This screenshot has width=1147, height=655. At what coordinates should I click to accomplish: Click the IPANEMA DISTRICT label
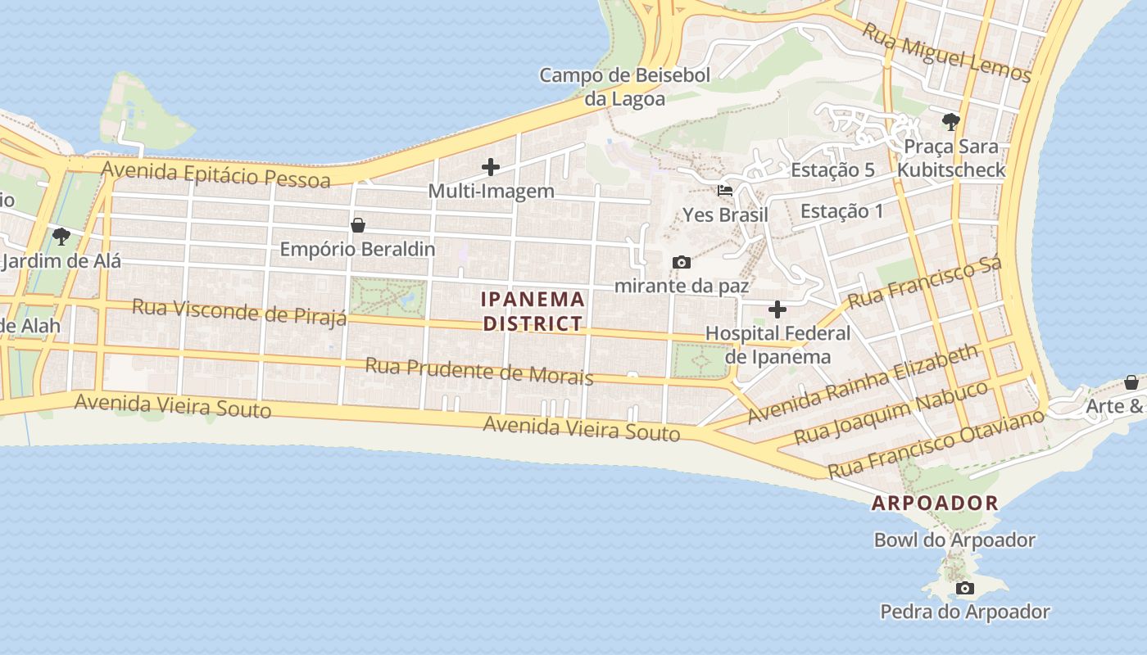[x=533, y=311]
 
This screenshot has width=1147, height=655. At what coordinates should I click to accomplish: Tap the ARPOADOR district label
[x=935, y=503]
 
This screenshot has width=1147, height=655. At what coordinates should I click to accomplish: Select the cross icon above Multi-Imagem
[x=491, y=167]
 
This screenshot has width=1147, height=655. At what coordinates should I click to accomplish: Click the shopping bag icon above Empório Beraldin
[x=357, y=224]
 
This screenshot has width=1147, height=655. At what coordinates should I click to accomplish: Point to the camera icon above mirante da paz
[x=681, y=262]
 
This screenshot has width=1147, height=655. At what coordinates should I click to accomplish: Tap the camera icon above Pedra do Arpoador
[x=965, y=588]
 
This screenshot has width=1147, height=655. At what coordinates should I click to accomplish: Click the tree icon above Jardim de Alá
[x=61, y=237]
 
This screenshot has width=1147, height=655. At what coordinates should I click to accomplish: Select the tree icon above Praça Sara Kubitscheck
[x=950, y=122]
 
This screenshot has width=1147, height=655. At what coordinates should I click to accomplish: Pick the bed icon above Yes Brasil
[x=725, y=191]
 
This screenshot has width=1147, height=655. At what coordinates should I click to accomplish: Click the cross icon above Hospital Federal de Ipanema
[x=778, y=309]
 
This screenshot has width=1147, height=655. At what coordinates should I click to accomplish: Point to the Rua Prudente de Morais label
[x=478, y=370]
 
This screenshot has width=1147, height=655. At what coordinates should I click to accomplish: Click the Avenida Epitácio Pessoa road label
[x=216, y=174]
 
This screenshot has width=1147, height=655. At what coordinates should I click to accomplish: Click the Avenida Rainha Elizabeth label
[x=863, y=383]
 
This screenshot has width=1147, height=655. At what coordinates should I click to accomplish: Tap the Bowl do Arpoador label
[x=954, y=540]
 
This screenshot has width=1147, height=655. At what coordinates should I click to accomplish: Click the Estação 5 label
[x=832, y=170]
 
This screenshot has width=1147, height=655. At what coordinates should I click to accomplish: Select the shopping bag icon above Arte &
[x=1131, y=382]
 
